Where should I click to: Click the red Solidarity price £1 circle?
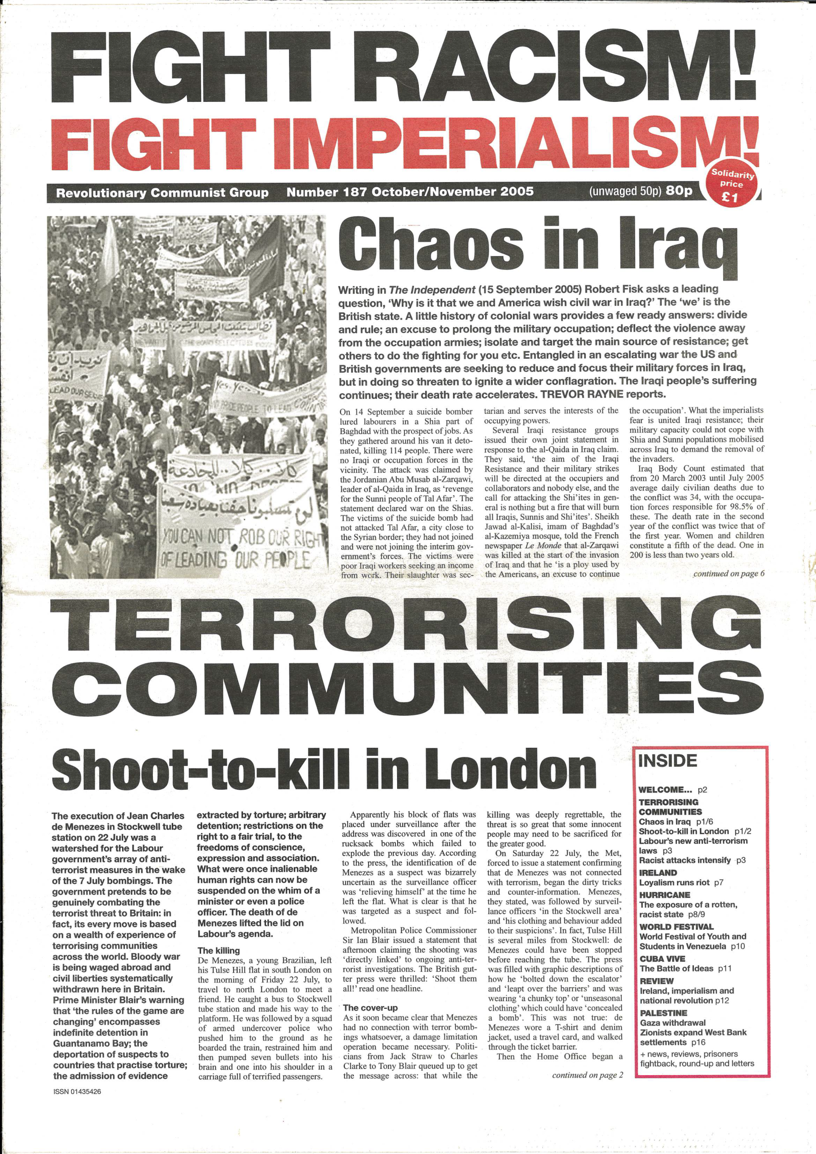[733, 185]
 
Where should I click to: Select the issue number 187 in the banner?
[354, 192]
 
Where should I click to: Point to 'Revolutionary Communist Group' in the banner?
[162, 193]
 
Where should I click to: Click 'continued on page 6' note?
[729, 573]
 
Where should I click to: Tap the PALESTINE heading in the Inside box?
[663, 1013]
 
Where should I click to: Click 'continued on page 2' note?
[587, 1075]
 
